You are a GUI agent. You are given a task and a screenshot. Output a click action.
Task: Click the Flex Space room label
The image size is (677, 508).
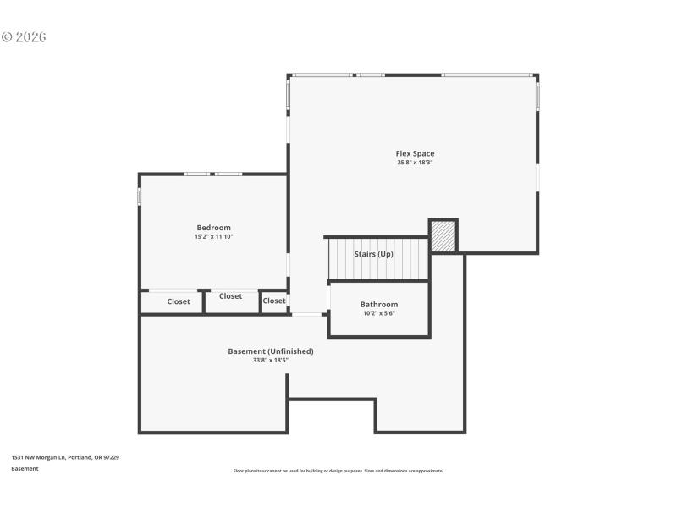coord(415,153)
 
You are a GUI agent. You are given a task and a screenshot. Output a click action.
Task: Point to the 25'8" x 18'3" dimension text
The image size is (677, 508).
coord(415,163)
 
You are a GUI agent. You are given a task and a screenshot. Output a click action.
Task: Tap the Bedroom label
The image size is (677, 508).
coord(213,228)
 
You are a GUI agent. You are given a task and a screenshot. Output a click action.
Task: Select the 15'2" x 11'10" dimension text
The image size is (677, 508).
coord(213,237)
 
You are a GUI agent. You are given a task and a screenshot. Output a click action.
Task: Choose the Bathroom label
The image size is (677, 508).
coord(378,304)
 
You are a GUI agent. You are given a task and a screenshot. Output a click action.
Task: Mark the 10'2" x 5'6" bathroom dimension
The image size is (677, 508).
coord(378,313)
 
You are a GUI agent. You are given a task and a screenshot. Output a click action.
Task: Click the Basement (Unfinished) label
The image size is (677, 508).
coord(271,351)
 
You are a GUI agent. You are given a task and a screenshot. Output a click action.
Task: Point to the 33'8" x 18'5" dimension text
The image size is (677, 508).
coord(271,360)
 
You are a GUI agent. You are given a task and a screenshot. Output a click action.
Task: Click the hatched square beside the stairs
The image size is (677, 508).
coord(443,235)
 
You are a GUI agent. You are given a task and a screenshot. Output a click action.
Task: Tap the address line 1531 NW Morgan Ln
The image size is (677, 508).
coord(65,457)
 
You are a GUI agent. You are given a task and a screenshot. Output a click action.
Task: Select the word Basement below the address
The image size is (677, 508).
coord(25,468)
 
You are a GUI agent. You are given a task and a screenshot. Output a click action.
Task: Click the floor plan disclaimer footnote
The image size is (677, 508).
coord(338,471)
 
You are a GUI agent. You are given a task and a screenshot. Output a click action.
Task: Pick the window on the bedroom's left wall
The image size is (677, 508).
coord(140,196)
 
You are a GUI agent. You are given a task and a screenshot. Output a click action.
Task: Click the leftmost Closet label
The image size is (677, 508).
coord(179,301)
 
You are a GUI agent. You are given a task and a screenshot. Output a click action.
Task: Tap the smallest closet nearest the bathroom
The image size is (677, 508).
coord(273,301)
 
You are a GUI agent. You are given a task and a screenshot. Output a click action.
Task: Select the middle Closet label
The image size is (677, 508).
coord(230,296)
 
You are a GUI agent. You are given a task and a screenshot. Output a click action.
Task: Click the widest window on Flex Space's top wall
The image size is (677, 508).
coord(488,75)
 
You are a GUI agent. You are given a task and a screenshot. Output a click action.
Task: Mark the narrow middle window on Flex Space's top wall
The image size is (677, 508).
coord(371,75)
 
